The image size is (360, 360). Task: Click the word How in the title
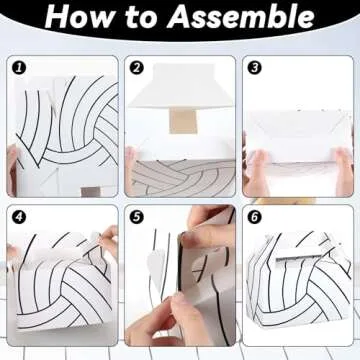click(x=75, y=17)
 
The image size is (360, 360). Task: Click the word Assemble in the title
click(x=241, y=17)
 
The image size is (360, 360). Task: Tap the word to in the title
click(x=136, y=17)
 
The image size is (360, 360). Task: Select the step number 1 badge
click(x=19, y=68)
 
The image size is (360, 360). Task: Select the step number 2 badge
click(x=136, y=68)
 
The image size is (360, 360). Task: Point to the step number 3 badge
click(x=254, y=68)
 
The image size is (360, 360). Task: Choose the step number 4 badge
click(x=19, y=217)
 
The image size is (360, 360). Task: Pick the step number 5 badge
click(x=136, y=217)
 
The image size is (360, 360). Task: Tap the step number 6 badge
click(x=254, y=217)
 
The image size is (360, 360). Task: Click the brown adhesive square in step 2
click(x=183, y=121)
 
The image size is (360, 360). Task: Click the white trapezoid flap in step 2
click(x=180, y=86)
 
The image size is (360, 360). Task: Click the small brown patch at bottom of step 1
click(x=91, y=192)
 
